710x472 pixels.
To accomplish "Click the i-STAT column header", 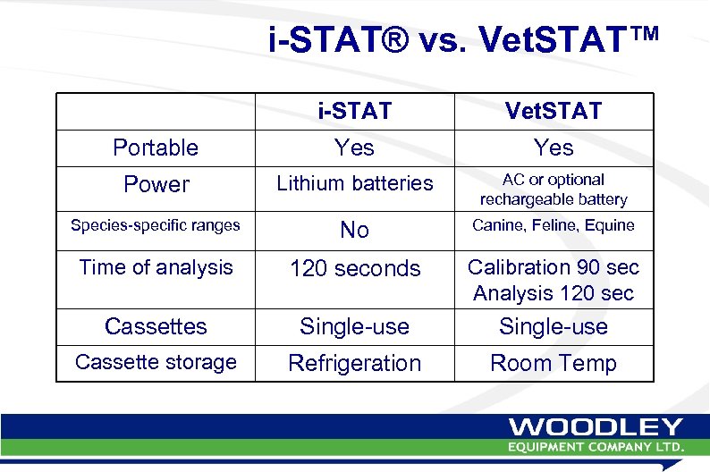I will [x=355, y=112].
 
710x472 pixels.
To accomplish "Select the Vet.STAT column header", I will [x=554, y=112].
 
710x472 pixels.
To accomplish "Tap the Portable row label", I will [x=156, y=147].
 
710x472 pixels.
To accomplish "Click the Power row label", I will [x=156, y=185].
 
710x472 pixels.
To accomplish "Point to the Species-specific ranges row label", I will [x=156, y=225].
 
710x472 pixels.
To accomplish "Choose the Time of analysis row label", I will [x=156, y=266].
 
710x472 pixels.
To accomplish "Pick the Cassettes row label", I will [x=156, y=326].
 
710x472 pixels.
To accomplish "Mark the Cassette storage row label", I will [x=156, y=362].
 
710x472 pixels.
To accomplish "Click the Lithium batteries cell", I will [x=355, y=183].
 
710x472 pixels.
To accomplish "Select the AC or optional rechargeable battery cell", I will [x=554, y=190].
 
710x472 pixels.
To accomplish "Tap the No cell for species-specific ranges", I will [x=355, y=231].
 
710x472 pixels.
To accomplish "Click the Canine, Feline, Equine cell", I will [x=554, y=225].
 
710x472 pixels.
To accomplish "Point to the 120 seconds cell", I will [x=355, y=268].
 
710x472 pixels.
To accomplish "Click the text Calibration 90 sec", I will [x=554, y=267].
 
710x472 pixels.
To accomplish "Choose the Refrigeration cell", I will [x=355, y=363].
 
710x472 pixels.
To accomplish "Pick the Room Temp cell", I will [x=554, y=363].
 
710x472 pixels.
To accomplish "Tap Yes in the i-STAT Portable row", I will [x=355, y=147].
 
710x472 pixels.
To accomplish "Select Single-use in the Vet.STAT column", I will [x=554, y=326].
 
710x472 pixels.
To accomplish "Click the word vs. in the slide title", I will [x=441, y=40].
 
